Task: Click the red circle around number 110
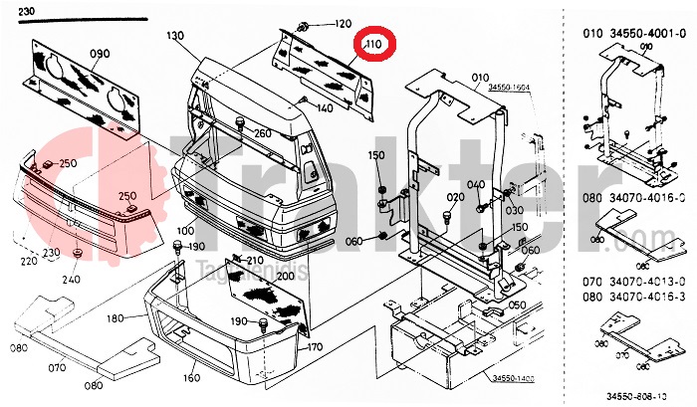pyautogui.click(x=377, y=47)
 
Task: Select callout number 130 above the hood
pyautogui.click(x=176, y=36)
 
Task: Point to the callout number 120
pyautogui.click(x=342, y=24)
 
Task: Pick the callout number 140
pyautogui.click(x=327, y=107)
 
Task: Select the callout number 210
pyautogui.click(x=255, y=261)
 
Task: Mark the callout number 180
pyautogui.click(x=117, y=318)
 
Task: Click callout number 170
pyautogui.click(x=315, y=347)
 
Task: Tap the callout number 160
pyautogui.click(x=189, y=378)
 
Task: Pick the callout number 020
pyautogui.click(x=456, y=197)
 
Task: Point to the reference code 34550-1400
pyautogui.click(x=511, y=378)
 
